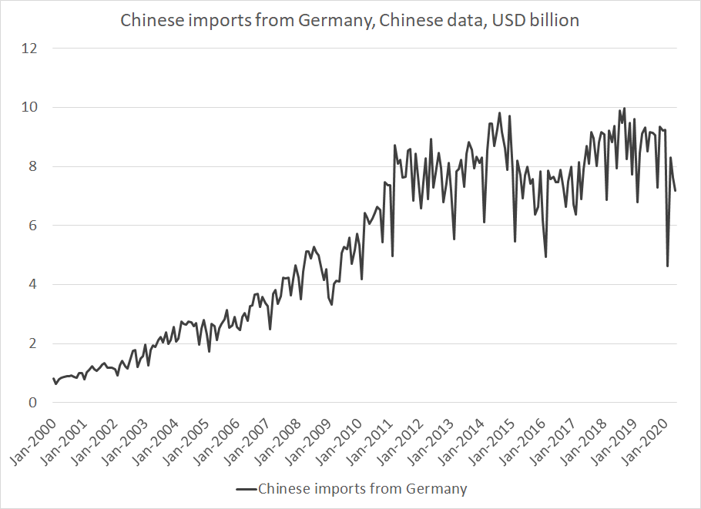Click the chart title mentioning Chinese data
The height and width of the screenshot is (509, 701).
[x=350, y=21]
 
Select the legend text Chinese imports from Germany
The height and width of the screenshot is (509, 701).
[x=362, y=489]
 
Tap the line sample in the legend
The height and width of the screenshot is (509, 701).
[x=245, y=489]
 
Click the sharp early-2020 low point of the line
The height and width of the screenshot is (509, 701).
[x=667, y=266]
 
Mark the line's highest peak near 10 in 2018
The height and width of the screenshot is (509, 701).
[x=624, y=109]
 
